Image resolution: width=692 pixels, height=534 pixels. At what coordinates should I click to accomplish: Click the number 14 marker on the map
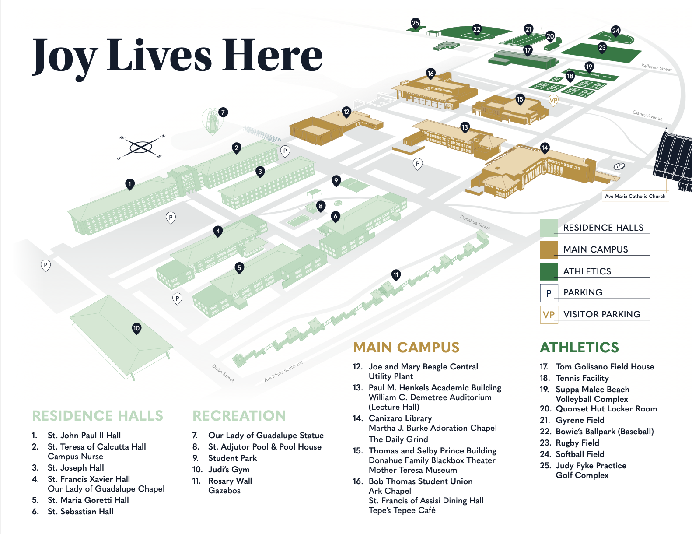pos(545,148)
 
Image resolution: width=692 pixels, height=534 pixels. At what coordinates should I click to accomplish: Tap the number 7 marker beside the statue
pos(223,112)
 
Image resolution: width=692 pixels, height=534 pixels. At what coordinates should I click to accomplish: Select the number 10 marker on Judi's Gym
pos(136,328)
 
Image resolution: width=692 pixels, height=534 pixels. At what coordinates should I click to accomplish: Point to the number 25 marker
pos(416,23)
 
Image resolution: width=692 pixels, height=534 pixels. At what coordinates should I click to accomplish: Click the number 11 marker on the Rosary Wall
pos(396,275)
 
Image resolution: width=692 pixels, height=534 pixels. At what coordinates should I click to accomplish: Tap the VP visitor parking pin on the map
pos(553,101)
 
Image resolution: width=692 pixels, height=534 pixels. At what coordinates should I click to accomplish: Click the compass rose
pos(141,148)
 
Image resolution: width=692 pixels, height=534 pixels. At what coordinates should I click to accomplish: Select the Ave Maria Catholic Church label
pos(635,196)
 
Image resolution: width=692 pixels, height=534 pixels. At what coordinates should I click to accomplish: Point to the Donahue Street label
pos(475,222)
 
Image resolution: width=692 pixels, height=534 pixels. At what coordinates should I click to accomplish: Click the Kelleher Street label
pos(656,67)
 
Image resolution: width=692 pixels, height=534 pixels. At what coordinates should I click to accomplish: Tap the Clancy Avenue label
pos(647,115)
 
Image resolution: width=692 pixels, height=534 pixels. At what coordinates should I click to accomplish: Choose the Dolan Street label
pos(223,372)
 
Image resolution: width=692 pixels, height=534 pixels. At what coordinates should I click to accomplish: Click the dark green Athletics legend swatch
pos(549,271)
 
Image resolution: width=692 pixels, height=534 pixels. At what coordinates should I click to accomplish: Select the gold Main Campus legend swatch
pos(549,249)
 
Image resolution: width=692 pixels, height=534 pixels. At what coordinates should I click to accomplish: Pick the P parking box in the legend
pos(549,293)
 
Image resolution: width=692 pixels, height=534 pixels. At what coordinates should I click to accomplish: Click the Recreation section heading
pos(239,416)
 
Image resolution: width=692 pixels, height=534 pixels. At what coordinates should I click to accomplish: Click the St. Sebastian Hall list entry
pos(80,511)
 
